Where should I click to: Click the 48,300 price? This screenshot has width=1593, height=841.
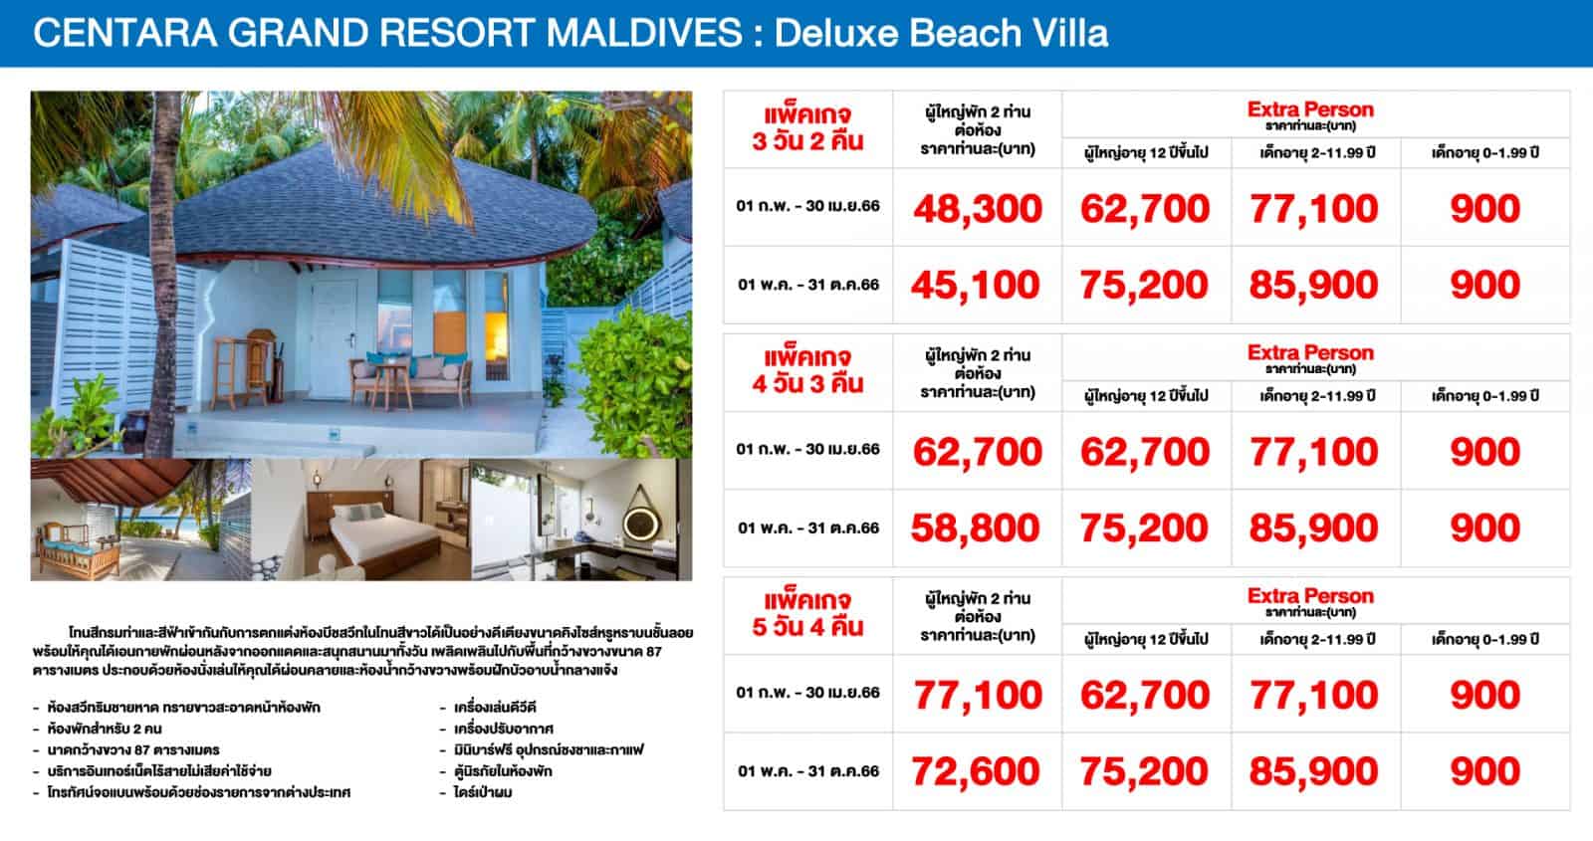coord(978,209)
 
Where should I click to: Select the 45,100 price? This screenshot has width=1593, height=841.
coord(976,285)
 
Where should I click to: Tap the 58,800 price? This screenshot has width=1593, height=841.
coord(976,528)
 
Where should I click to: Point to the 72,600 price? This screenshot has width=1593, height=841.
coord(976,771)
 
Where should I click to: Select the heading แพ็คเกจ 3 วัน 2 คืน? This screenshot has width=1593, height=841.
coord(807,128)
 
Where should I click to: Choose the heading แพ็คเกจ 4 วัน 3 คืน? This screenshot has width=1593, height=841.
coord(807,371)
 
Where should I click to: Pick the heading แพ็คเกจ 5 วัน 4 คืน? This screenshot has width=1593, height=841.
coord(807,614)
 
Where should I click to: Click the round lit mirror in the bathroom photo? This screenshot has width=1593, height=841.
coord(641,524)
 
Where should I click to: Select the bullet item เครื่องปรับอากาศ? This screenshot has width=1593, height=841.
coord(504,729)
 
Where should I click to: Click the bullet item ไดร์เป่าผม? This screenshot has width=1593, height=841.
coord(483,792)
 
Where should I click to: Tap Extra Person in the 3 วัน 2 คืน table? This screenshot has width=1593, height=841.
coord(1310,109)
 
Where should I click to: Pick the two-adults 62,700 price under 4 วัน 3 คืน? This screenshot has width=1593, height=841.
coord(978,452)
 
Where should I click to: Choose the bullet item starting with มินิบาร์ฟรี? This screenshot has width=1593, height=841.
coord(549,750)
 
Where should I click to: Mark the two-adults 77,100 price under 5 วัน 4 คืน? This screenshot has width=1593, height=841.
coord(978,696)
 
